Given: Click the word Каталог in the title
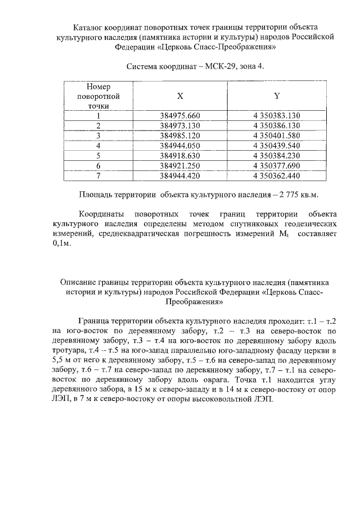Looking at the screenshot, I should pyautogui.click(x=90, y=27).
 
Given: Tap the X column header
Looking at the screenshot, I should pyautogui.click(x=180, y=96).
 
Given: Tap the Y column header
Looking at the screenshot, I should pyautogui.click(x=277, y=96).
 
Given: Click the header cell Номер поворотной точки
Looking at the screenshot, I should pyautogui.click(x=98, y=96).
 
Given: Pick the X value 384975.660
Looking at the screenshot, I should pyautogui.click(x=180, y=116).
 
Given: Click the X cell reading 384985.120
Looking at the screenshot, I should pyautogui.click(x=180, y=136).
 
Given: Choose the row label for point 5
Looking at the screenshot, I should pyautogui.click(x=98, y=156).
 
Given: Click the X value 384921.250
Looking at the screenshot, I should pyautogui.click(x=180, y=166).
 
